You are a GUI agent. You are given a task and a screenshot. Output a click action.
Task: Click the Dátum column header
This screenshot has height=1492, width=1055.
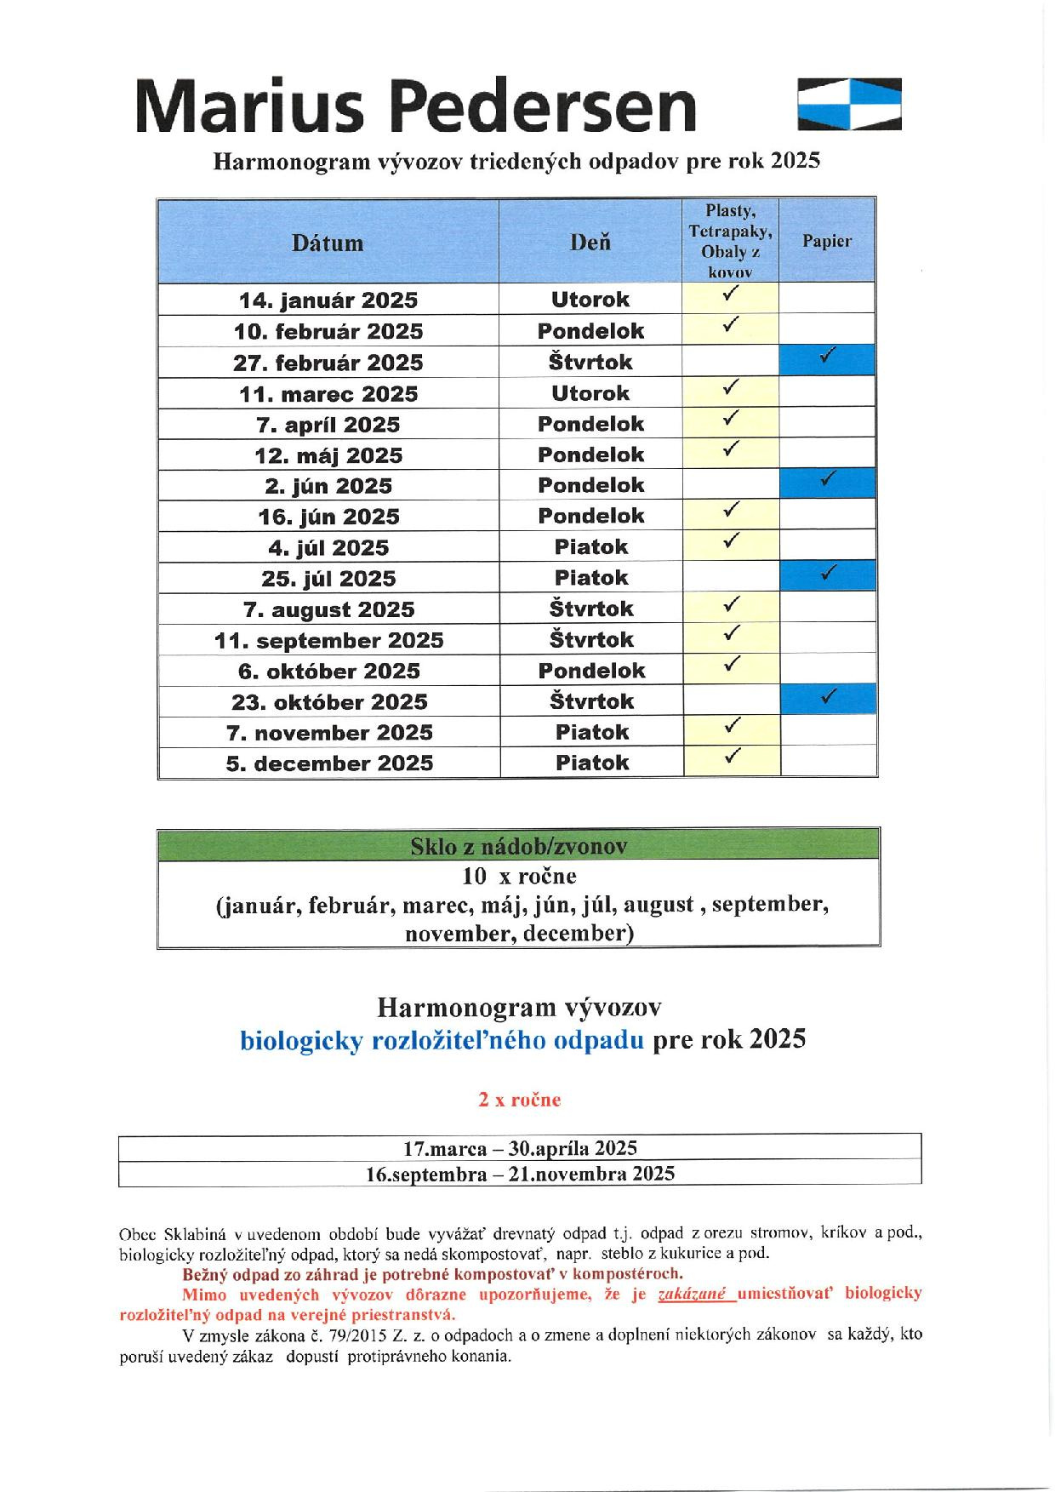click(x=328, y=243)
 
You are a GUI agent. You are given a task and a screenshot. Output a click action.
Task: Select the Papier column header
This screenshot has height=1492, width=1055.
click(x=826, y=241)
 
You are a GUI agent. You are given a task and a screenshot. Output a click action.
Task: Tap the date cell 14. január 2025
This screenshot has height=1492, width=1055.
click(x=328, y=300)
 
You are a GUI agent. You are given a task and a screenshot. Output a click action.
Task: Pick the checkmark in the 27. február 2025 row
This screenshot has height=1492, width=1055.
click(x=827, y=357)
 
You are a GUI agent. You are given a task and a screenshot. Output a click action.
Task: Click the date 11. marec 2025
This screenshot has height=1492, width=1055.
click(x=328, y=394)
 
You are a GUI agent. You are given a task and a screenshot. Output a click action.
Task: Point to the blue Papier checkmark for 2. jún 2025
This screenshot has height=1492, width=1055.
click(x=827, y=480)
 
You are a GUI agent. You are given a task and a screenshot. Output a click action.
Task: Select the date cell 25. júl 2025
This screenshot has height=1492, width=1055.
click(x=328, y=579)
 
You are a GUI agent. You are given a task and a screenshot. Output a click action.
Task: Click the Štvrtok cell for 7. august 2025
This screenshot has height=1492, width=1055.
click(x=591, y=609)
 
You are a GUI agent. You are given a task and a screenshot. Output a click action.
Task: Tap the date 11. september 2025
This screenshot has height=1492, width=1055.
click(x=328, y=640)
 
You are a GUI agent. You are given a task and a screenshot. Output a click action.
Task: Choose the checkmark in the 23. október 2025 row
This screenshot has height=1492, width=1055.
click(x=827, y=697)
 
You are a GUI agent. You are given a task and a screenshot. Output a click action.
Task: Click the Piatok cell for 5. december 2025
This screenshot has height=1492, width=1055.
click(x=591, y=763)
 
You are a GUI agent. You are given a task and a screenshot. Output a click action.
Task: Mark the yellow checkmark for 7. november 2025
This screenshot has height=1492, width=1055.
click(x=730, y=726)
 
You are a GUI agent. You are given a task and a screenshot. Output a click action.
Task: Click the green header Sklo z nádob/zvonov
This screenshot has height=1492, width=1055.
click(x=518, y=846)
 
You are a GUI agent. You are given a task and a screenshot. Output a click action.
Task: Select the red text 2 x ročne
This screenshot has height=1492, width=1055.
click(x=519, y=1100)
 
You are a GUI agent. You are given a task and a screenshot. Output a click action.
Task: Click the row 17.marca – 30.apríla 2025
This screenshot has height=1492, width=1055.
click(x=520, y=1148)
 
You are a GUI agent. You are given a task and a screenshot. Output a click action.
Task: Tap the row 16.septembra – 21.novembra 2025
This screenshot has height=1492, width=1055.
click(x=520, y=1174)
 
